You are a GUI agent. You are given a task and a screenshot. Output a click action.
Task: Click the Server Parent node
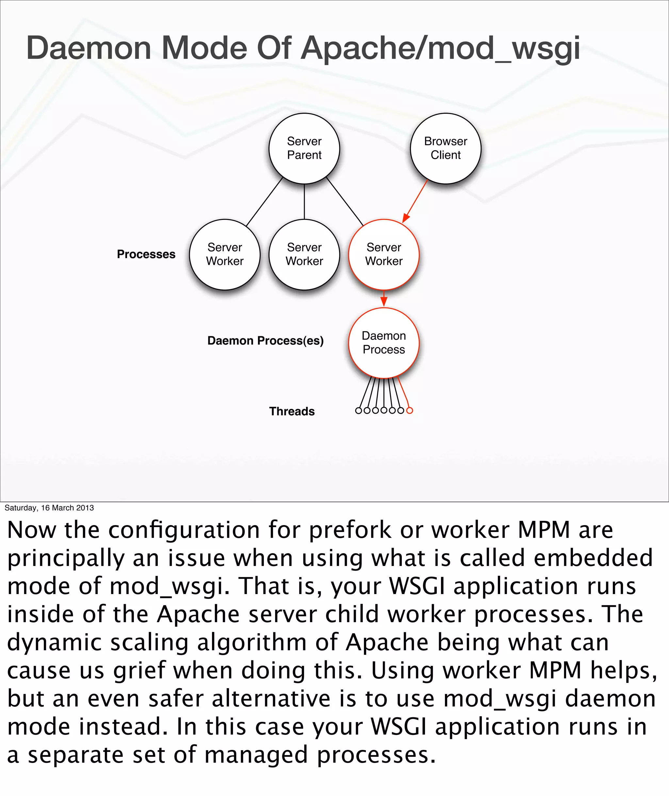pos(304,148)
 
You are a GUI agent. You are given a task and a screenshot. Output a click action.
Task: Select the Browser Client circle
pos(446,148)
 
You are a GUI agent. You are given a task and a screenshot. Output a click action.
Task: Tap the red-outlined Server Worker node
pos(384,254)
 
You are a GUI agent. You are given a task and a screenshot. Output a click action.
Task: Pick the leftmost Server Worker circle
pos(225,254)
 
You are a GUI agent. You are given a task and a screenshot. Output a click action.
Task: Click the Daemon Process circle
pos(384,342)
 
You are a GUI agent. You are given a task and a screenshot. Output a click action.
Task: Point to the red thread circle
pos(410,410)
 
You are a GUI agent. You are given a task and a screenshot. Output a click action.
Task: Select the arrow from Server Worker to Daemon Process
pos(384,299)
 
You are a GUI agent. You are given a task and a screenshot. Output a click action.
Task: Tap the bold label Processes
pos(146,254)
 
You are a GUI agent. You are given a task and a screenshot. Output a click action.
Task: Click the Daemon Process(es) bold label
pos(266,341)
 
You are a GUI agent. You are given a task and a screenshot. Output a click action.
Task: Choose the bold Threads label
pos(292,411)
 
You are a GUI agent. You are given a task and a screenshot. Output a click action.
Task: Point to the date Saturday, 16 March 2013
pos(49,508)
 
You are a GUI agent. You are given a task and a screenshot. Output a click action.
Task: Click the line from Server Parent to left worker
pos(264,202)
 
